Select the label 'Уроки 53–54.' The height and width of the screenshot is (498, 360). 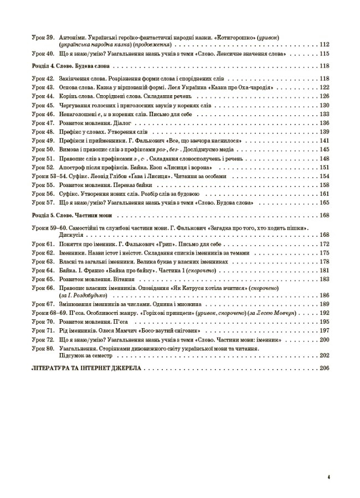point(47,176)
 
